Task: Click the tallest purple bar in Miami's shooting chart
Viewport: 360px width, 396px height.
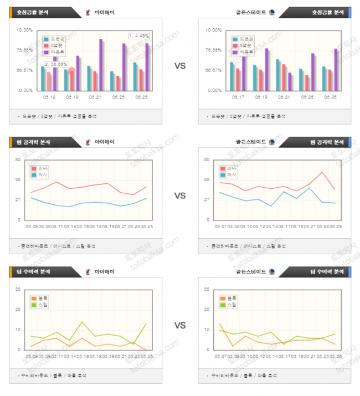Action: [101, 64]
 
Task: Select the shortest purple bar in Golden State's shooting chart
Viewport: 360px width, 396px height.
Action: [290, 81]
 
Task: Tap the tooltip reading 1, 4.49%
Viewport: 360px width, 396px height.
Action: [139, 36]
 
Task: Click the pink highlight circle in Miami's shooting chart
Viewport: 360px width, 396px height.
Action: [71, 71]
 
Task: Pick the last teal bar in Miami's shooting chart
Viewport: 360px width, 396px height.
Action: [135, 76]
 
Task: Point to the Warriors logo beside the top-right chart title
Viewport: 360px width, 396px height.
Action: [271, 12]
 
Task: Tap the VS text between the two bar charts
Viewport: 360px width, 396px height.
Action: [180, 65]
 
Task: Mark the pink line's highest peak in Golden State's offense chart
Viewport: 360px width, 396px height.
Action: [322, 172]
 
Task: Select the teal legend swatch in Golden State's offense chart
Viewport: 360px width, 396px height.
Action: [223, 175]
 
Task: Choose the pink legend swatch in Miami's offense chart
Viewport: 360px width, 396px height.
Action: [34, 168]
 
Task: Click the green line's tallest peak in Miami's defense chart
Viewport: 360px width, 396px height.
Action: [83, 322]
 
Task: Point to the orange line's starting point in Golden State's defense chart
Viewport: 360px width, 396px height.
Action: [220, 324]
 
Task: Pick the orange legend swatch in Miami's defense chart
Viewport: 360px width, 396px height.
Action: [34, 298]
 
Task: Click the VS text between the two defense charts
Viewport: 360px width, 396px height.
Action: [180, 325]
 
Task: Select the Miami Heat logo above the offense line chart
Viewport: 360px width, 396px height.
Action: [89, 141]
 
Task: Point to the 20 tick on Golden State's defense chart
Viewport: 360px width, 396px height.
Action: [206, 310]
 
